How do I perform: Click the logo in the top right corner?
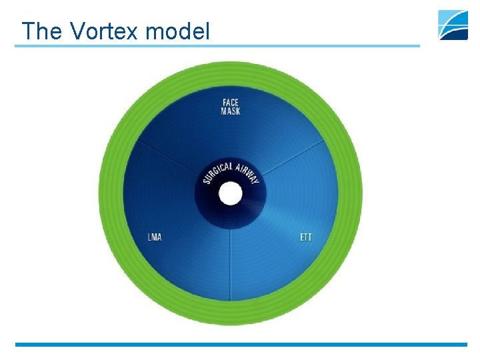point(453,25)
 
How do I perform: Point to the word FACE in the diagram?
point(231,103)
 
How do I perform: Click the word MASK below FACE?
point(231,111)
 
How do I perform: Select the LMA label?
point(155,237)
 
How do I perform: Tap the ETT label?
point(306,237)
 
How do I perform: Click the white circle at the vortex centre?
point(231,194)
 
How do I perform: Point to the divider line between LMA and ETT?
point(231,267)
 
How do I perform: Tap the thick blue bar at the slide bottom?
point(240,345)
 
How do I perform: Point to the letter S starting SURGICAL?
point(205,181)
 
